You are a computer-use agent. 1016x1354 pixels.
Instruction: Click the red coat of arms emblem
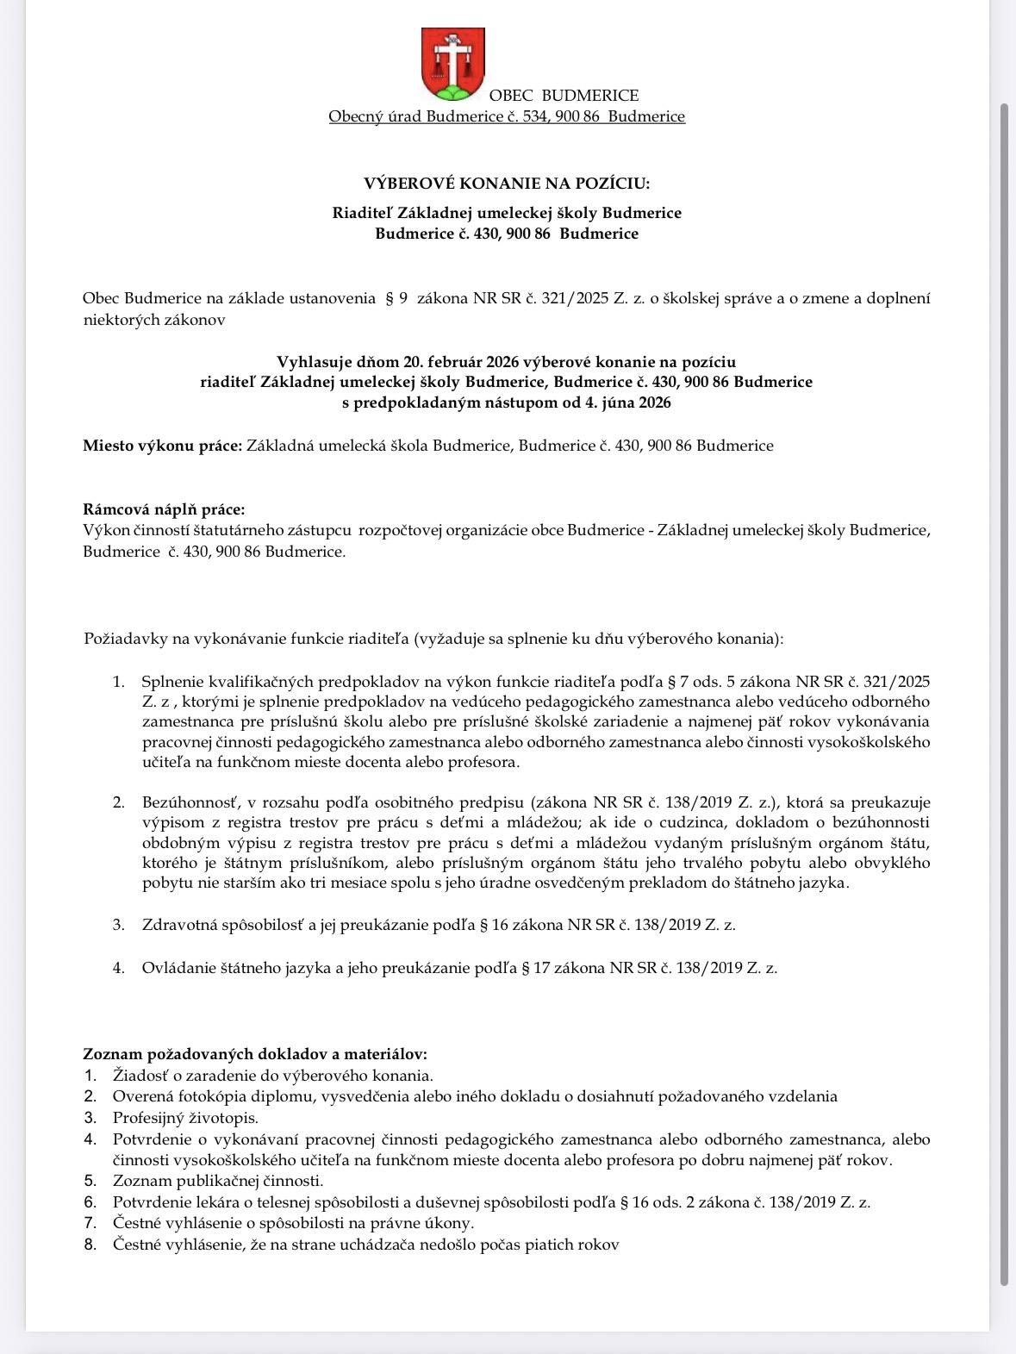(452, 65)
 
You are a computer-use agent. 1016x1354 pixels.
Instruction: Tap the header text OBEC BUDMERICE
(564, 96)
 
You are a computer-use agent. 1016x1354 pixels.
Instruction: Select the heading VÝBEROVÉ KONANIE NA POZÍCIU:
(507, 184)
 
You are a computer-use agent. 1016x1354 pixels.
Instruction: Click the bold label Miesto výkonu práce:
(162, 446)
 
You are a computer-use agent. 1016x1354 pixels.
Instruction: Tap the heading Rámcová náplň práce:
(164, 510)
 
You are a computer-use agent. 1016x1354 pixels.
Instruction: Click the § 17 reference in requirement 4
(536, 968)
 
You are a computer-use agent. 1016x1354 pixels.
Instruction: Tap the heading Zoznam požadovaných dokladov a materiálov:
(255, 1054)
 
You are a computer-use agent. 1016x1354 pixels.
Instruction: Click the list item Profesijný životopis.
(185, 1118)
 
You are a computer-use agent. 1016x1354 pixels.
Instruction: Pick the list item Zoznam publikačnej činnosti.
(218, 1181)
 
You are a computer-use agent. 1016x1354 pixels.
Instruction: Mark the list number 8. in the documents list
(90, 1245)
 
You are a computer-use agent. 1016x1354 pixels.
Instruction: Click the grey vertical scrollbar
(1004, 689)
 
